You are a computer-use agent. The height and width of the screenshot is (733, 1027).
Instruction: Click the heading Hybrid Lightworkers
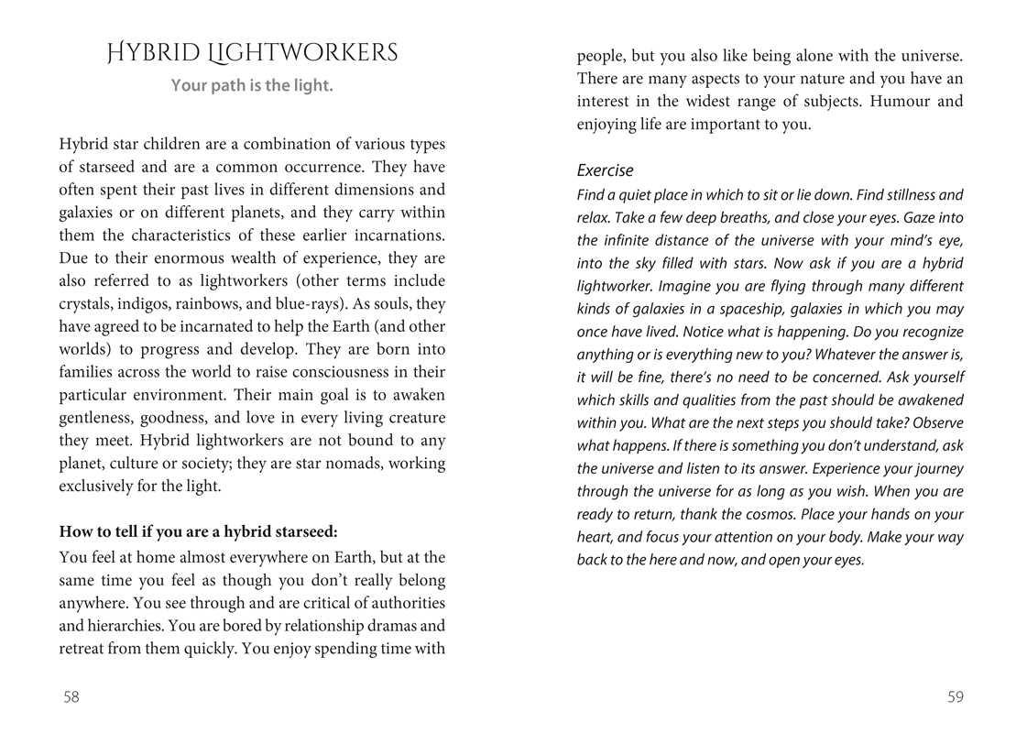(252, 53)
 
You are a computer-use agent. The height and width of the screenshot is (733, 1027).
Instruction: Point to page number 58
(71, 697)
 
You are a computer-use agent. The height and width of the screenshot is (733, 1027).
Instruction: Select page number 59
(956, 697)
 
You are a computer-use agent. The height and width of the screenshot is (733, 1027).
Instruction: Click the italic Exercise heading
(605, 171)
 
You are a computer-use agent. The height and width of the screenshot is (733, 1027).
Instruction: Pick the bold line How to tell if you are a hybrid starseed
(198, 531)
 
